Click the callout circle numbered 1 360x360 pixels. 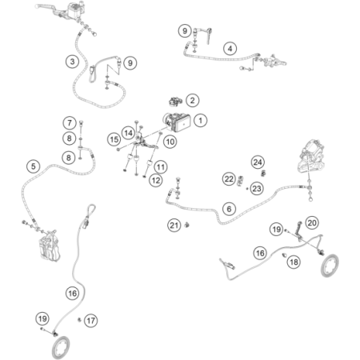200,121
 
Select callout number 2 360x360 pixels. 192,101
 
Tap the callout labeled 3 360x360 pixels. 72,62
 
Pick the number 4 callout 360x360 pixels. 230,49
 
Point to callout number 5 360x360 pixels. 33,166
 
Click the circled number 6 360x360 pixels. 229,209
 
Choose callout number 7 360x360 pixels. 70,123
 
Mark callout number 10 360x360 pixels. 170,142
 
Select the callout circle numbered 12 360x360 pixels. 156,181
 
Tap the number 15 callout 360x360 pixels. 114,139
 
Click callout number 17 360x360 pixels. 90,321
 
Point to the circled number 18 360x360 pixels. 294,262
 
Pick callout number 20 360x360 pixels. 312,222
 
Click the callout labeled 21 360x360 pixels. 174,226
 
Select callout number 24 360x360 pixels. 258,162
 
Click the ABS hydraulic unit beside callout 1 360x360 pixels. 178,122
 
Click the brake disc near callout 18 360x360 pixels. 330,266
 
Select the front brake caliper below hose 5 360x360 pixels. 49,246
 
